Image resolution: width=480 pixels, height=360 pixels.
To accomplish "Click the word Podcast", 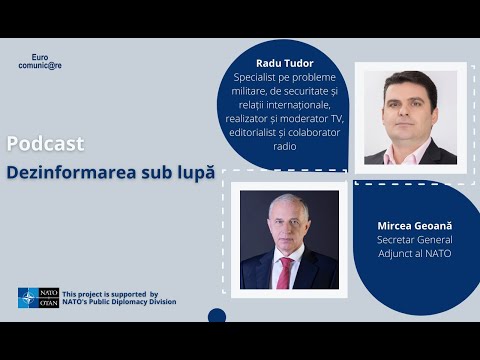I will pyautogui.click(x=38, y=143).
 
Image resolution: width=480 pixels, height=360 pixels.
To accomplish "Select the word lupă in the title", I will pyautogui.click(x=195, y=172).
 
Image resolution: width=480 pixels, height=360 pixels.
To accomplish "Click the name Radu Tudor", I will pyautogui.click(x=285, y=62).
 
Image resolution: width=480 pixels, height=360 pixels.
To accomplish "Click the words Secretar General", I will pyautogui.click(x=414, y=240).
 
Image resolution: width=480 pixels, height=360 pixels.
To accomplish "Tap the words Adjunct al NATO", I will pyautogui.click(x=414, y=253).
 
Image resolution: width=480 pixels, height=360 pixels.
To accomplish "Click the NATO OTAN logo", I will pyautogui.click(x=39, y=297).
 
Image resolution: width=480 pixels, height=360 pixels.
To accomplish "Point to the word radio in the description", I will pyautogui.click(x=285, y=146).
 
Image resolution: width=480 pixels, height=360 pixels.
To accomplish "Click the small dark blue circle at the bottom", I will pyautogui.click(x=217, y=316).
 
